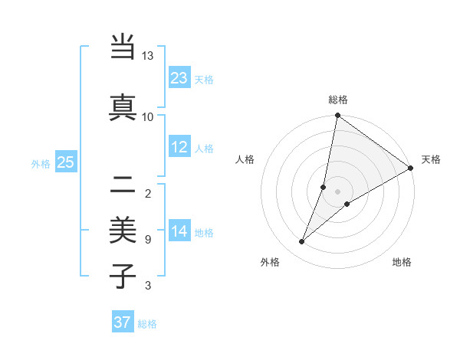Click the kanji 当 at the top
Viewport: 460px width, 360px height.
click(x=123, y=47)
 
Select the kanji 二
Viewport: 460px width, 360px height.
click(x=123, y=184)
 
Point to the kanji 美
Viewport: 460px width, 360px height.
click(x=123, y=229)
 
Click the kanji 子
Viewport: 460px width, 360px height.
click(x=123, y=275)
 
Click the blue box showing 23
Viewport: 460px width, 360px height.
click(x=179, y=78)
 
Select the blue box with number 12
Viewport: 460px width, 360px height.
click(x=179, y=147)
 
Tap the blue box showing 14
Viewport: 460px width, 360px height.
click(x=179, y=231)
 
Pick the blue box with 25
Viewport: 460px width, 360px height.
click(x=66, y=162)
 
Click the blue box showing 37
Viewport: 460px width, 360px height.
click(x=123, y=322)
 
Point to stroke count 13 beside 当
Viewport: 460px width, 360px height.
click(x=148, y=56)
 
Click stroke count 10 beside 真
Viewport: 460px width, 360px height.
click(x=148, y=116)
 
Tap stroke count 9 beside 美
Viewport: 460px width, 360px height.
click(x=148, y=240)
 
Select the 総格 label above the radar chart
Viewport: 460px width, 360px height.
click(x=338, y=100)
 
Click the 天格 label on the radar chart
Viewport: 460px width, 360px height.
click(x=431, y=159)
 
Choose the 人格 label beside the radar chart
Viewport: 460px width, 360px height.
click(x=245, y=159)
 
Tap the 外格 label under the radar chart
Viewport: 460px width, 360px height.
click(x=270, y=262)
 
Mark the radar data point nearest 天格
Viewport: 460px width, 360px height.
click(x=410, y=168)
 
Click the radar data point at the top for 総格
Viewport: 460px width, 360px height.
click(x=337, y=116)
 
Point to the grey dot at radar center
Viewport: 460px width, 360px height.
click(x=337, y=191)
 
